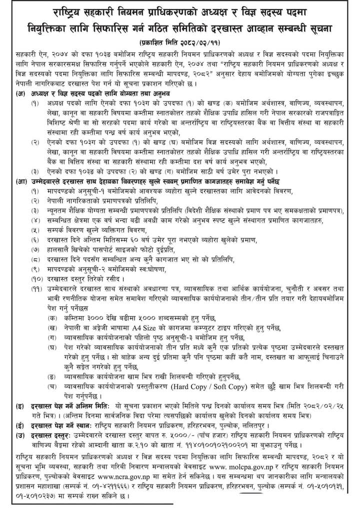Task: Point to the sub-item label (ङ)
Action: point(50,387)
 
